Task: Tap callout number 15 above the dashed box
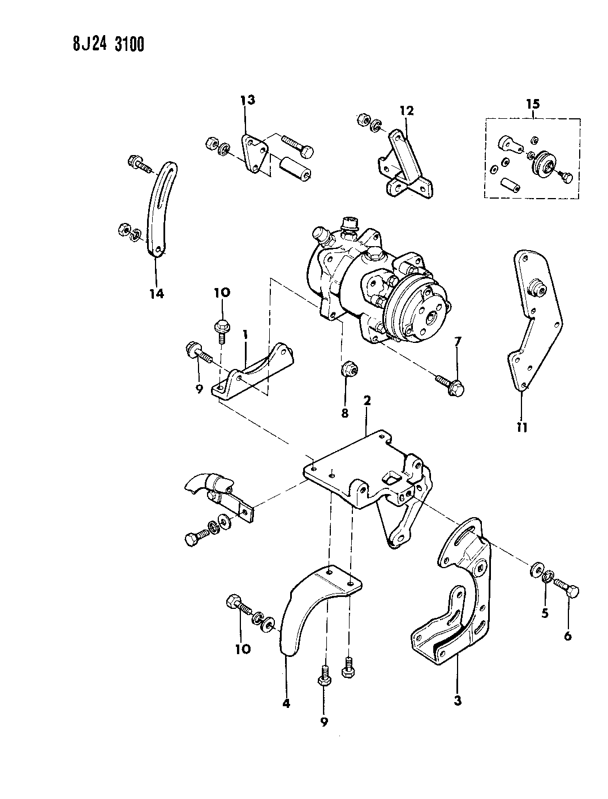click(x=533, y=104)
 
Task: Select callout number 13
click(x=247, y=101)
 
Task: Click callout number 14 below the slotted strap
click(x=156, y=293)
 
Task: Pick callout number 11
click(x=521, y=427)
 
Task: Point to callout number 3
click(x=457, y=701)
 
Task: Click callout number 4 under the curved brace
click(x=286, y=703)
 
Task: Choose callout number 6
click(x=567, y=635)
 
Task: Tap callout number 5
click(x=545, y=613)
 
